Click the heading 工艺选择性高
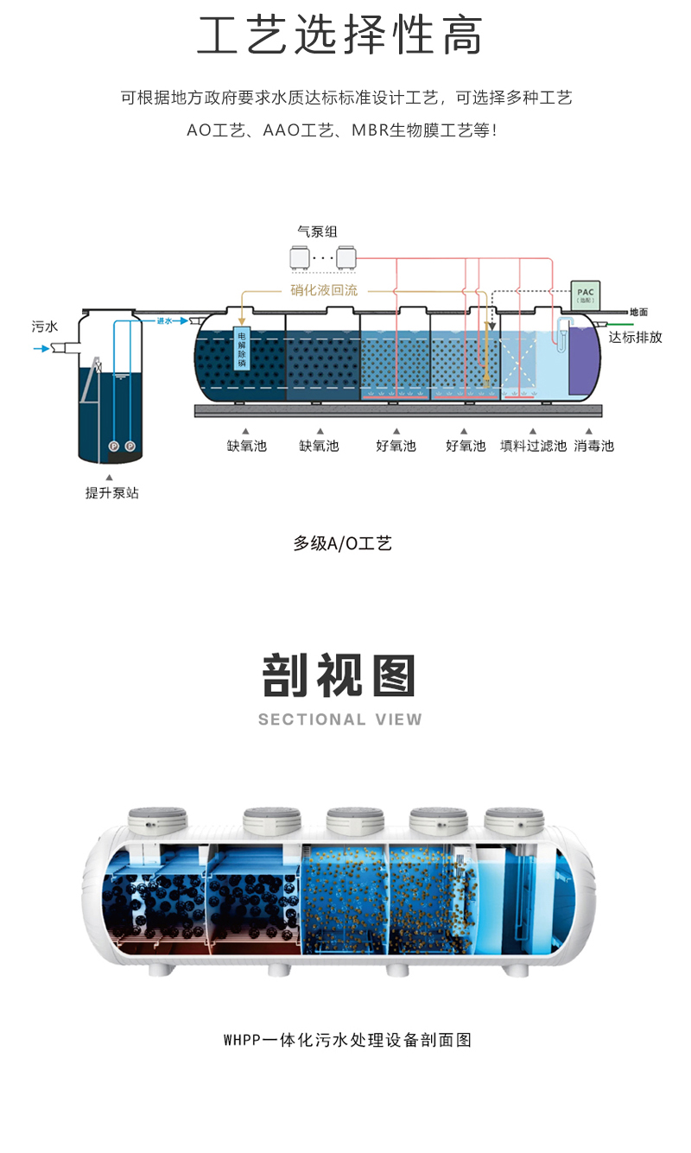339,36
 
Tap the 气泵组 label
317,231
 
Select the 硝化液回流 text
323,290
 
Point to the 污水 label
45,326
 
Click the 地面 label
638,312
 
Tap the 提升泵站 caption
111,493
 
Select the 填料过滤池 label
533,447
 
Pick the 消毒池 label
593,447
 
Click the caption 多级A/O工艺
343,543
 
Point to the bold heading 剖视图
339,676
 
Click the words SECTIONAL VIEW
340,719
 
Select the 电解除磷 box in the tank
241,350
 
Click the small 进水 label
165,321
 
